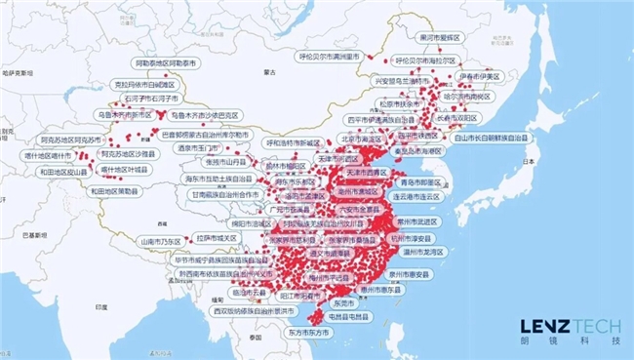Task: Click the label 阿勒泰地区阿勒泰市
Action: pos(167,61)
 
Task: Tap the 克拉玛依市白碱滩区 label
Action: pos(145,85)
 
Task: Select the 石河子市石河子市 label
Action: pos(146,99)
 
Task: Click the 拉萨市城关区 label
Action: pos(216,237)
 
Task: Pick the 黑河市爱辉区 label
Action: pos(438,37)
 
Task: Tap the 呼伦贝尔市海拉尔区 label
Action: pos(421,60)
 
